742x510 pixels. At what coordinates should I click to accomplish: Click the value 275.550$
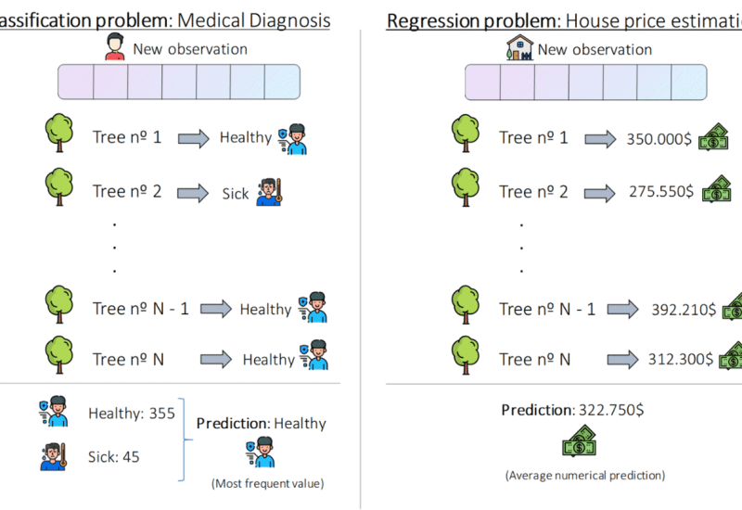(x=659, y=192)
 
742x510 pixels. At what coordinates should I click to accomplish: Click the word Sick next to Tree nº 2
(x=237, y=193)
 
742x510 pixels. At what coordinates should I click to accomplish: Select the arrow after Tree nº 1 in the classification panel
(x=193, y=138)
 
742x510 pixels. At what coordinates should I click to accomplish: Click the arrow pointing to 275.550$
(x=599, y=192)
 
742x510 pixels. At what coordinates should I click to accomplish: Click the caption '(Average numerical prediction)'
(x=584, y=476)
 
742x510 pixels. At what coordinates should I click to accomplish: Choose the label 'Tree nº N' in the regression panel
(x=535, y=359)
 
